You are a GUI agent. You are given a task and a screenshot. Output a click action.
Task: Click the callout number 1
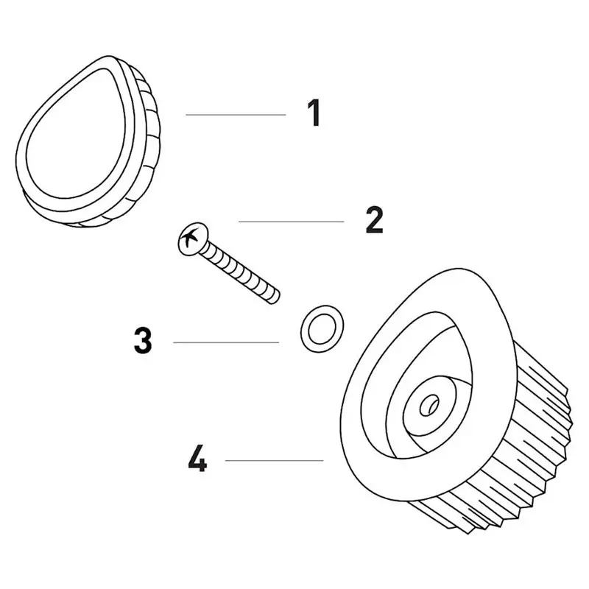point(314,113)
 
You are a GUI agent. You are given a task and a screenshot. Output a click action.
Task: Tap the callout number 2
point(374,220)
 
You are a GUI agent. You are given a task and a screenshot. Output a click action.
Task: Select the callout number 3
point(143,340)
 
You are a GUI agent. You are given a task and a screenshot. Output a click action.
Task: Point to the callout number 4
point(197,459)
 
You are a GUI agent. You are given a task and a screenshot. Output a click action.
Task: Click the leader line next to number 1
point(236,115)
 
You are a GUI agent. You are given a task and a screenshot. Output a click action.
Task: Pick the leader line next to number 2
point(291,222)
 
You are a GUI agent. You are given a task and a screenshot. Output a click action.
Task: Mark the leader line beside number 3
point(226,342)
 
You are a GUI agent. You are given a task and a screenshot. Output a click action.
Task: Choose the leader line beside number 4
point(274,460)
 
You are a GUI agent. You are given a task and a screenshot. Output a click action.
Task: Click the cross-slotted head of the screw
point(192,239)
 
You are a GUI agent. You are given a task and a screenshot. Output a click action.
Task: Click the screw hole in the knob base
point(429,405)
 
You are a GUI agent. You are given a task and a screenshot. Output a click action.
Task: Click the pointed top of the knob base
point(459,270)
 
